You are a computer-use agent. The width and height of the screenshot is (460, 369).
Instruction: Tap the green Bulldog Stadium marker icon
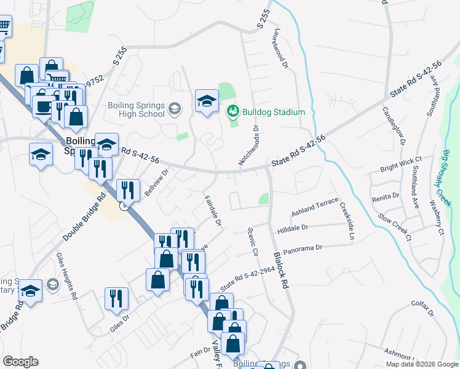233,111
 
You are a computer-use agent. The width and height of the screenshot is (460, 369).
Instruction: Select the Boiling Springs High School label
136,109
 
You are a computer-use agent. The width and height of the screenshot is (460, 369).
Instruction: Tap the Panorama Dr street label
301,248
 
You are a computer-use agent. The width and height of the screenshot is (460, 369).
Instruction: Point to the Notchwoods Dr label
248,145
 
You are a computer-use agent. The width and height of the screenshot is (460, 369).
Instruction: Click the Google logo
20,362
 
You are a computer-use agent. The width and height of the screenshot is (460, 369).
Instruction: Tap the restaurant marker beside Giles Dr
116,299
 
